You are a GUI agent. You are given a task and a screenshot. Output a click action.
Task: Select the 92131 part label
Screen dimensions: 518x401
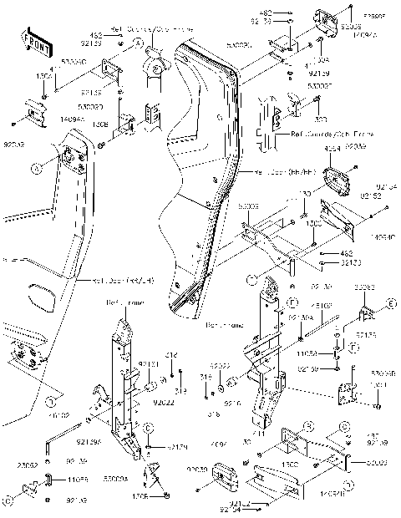pos(148,365)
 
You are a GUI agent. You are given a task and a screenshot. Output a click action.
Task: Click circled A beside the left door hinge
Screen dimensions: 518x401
pos(36,168)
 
